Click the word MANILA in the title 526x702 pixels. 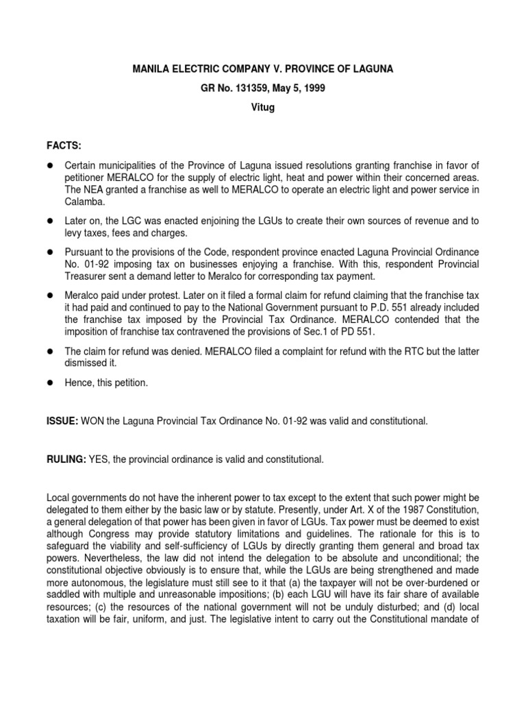coord(152,69)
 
